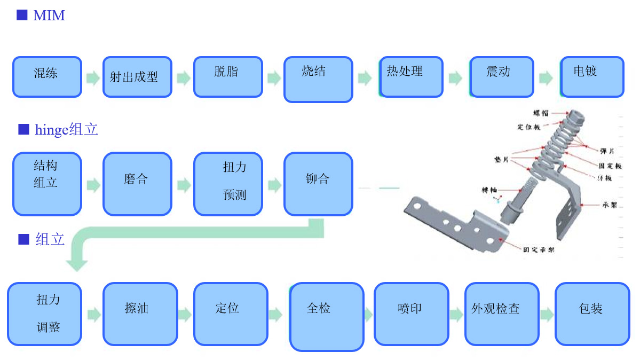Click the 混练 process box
pos(47,77)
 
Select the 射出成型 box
pos(137,77)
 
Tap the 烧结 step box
pos(318,79)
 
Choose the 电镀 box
pos(592,77)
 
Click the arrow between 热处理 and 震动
pos(455,79)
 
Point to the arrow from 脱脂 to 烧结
pos(274,79)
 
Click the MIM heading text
pos(49,15)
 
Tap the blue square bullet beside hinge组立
pos(23,129)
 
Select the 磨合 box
pos(137,184)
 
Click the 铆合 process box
pos(318,184)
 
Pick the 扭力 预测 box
pos(228,184)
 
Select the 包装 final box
pos(592,314)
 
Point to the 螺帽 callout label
pos(541,113)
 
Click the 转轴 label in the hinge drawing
pos(490,190)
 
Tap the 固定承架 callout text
pos(538,249)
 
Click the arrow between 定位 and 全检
pos(275,315)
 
